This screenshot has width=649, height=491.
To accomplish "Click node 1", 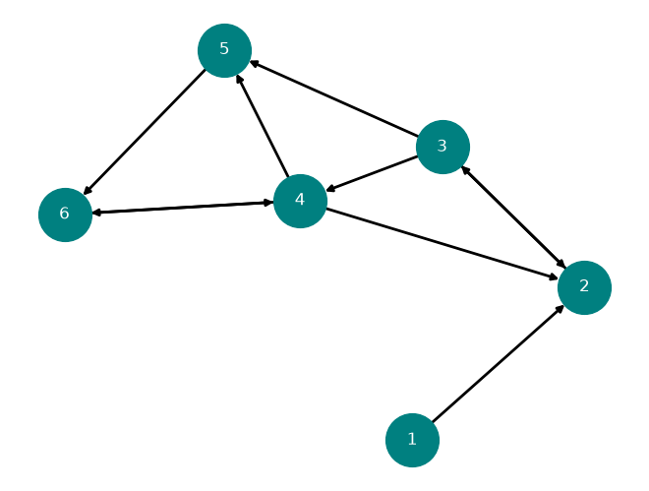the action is coord(412,440).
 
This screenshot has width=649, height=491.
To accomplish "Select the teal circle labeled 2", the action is coord(584,287).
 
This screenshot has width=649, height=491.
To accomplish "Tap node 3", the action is coord(442,147).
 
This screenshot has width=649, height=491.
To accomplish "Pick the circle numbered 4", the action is coord(301,201).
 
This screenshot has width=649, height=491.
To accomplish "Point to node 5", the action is coord(225,50).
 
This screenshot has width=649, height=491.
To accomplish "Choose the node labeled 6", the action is coord(66,215).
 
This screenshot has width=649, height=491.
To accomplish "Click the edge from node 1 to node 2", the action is coord(498,364).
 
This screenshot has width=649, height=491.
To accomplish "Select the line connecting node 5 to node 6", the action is coord(145,132).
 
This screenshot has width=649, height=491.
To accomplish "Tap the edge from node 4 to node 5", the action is coord(263,125).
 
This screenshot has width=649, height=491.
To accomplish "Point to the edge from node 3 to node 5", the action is coord(333,98).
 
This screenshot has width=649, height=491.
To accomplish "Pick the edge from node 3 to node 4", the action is coord(372,174).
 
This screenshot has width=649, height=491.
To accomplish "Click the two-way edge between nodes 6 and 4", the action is coord(183,208).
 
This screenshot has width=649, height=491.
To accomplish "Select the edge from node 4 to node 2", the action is coord(442,244).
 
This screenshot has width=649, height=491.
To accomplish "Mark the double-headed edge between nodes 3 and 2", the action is coord(513,217).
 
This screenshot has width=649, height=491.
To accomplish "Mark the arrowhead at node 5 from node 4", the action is coord(239,79).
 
